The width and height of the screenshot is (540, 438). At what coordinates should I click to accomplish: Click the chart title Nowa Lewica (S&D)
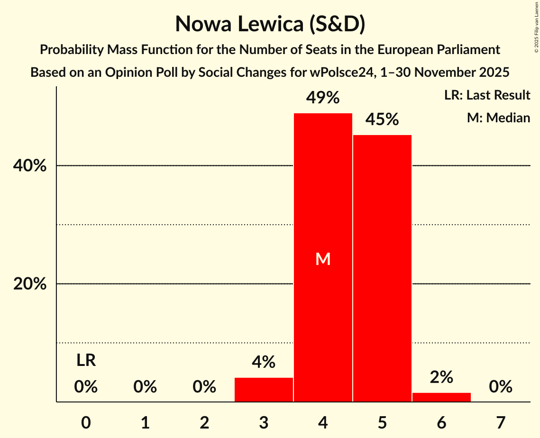[x=270, y=24]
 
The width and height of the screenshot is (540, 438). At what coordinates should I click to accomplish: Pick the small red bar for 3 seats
[x=264, y=390]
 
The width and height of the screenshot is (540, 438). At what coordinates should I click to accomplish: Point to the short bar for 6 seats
[x=441, y=397]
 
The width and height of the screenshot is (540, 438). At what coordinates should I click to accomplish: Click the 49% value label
[x=323, y=98]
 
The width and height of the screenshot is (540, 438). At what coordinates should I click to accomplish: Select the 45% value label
[x=382, y=120]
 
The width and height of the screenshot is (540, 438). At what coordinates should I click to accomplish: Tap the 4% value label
[x=264, y=363]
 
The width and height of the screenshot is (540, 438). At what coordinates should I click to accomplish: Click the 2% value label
[x=441, y=377]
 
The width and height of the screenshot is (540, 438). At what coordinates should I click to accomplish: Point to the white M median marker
[x=323, y=259]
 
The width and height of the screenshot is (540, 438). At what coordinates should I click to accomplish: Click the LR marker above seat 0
[x=86, y=361]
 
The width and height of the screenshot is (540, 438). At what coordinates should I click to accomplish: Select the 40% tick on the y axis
[x=30, y=166]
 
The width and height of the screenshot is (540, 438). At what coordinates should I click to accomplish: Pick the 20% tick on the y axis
[x=30, y=284]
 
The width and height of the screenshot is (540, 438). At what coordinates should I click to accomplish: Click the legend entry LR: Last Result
[x=487, y=95]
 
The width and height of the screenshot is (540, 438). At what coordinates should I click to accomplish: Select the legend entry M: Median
[x=498, y=118]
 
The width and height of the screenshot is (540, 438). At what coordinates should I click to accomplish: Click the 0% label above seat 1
[x=145, y=387]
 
